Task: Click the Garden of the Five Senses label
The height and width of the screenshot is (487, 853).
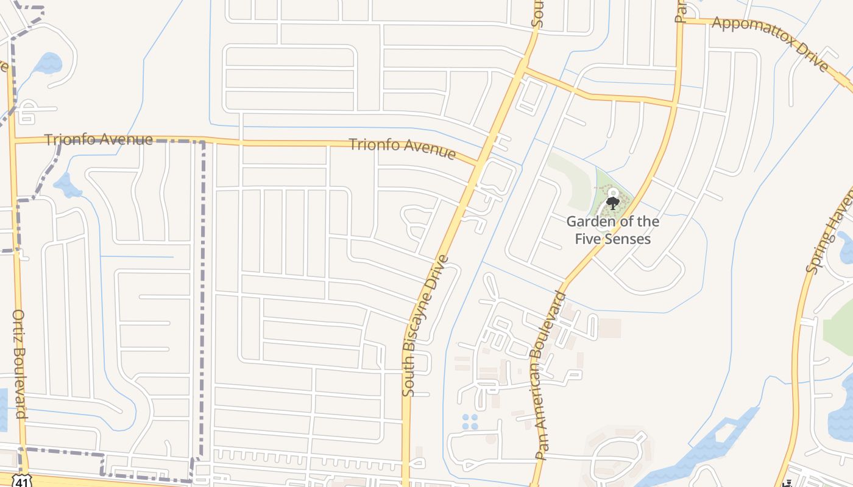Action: [x=612, y=229]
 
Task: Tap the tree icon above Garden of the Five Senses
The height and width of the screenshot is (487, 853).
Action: [x=613, y=202]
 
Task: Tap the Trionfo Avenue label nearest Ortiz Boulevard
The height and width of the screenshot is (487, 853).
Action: [x=99, y=139]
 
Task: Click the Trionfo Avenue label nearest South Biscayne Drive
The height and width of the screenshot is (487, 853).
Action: [x=402, y=148]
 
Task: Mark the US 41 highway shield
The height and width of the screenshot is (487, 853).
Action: [x=22, y=482]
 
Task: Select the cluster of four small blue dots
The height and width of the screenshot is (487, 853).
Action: [x=470, y=421]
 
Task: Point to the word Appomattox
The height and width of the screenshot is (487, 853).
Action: [x=749, y=33]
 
